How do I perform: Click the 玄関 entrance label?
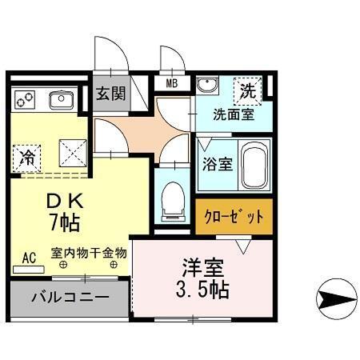(x=111, y=94)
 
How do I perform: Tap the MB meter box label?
(x=172, y=82)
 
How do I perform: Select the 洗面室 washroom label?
(x=233, y=114)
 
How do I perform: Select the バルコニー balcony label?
(x=69, y=298)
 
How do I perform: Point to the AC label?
(x=30, y=258)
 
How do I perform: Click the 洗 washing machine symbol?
(x=249, y=91)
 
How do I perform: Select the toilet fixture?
(x=173, y=200)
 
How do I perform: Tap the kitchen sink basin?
(x=62, y=100)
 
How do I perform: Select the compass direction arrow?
(x=338, y=299)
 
